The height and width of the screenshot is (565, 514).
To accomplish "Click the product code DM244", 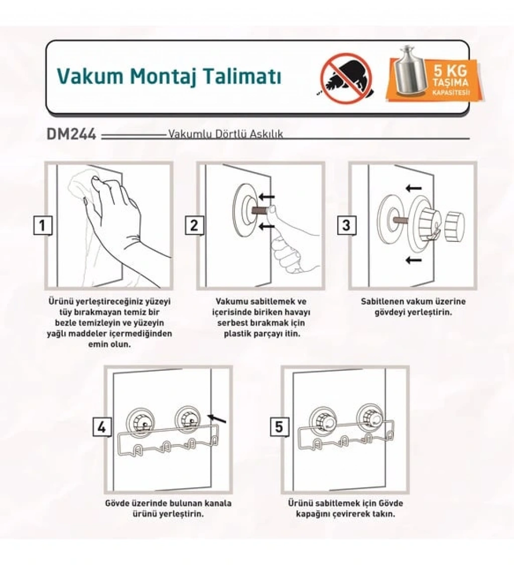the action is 71,134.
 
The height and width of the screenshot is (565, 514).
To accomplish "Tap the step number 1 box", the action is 43,226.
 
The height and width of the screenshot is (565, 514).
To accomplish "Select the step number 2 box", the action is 194,226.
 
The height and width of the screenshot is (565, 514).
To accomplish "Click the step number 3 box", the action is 346,226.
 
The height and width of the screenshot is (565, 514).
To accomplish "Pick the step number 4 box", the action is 102,428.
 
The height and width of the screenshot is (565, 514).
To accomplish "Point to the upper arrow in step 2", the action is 267,197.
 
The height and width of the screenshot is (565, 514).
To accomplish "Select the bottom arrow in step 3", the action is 414,260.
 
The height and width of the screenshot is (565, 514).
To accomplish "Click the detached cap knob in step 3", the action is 455,226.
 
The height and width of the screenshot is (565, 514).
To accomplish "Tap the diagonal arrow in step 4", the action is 217,418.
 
